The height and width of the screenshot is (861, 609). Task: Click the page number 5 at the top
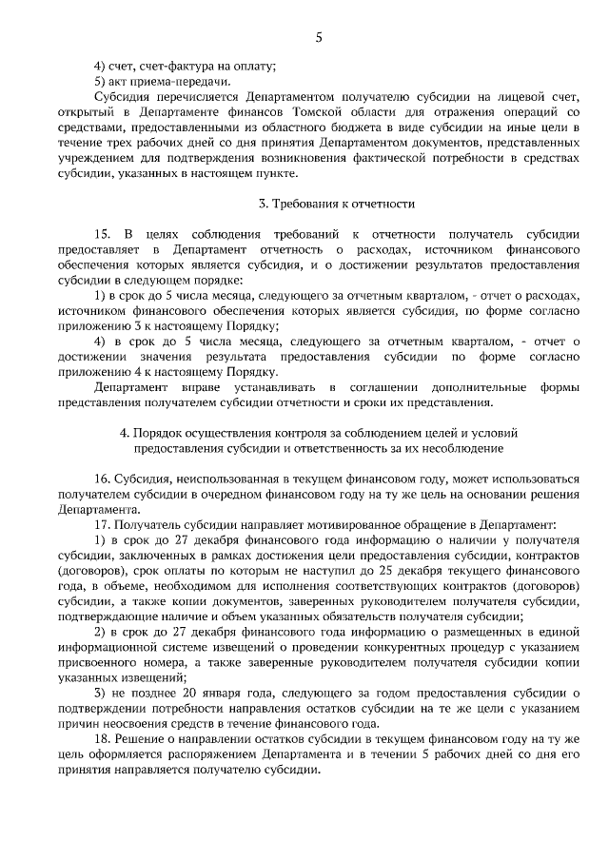click(x=319, y=38)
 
